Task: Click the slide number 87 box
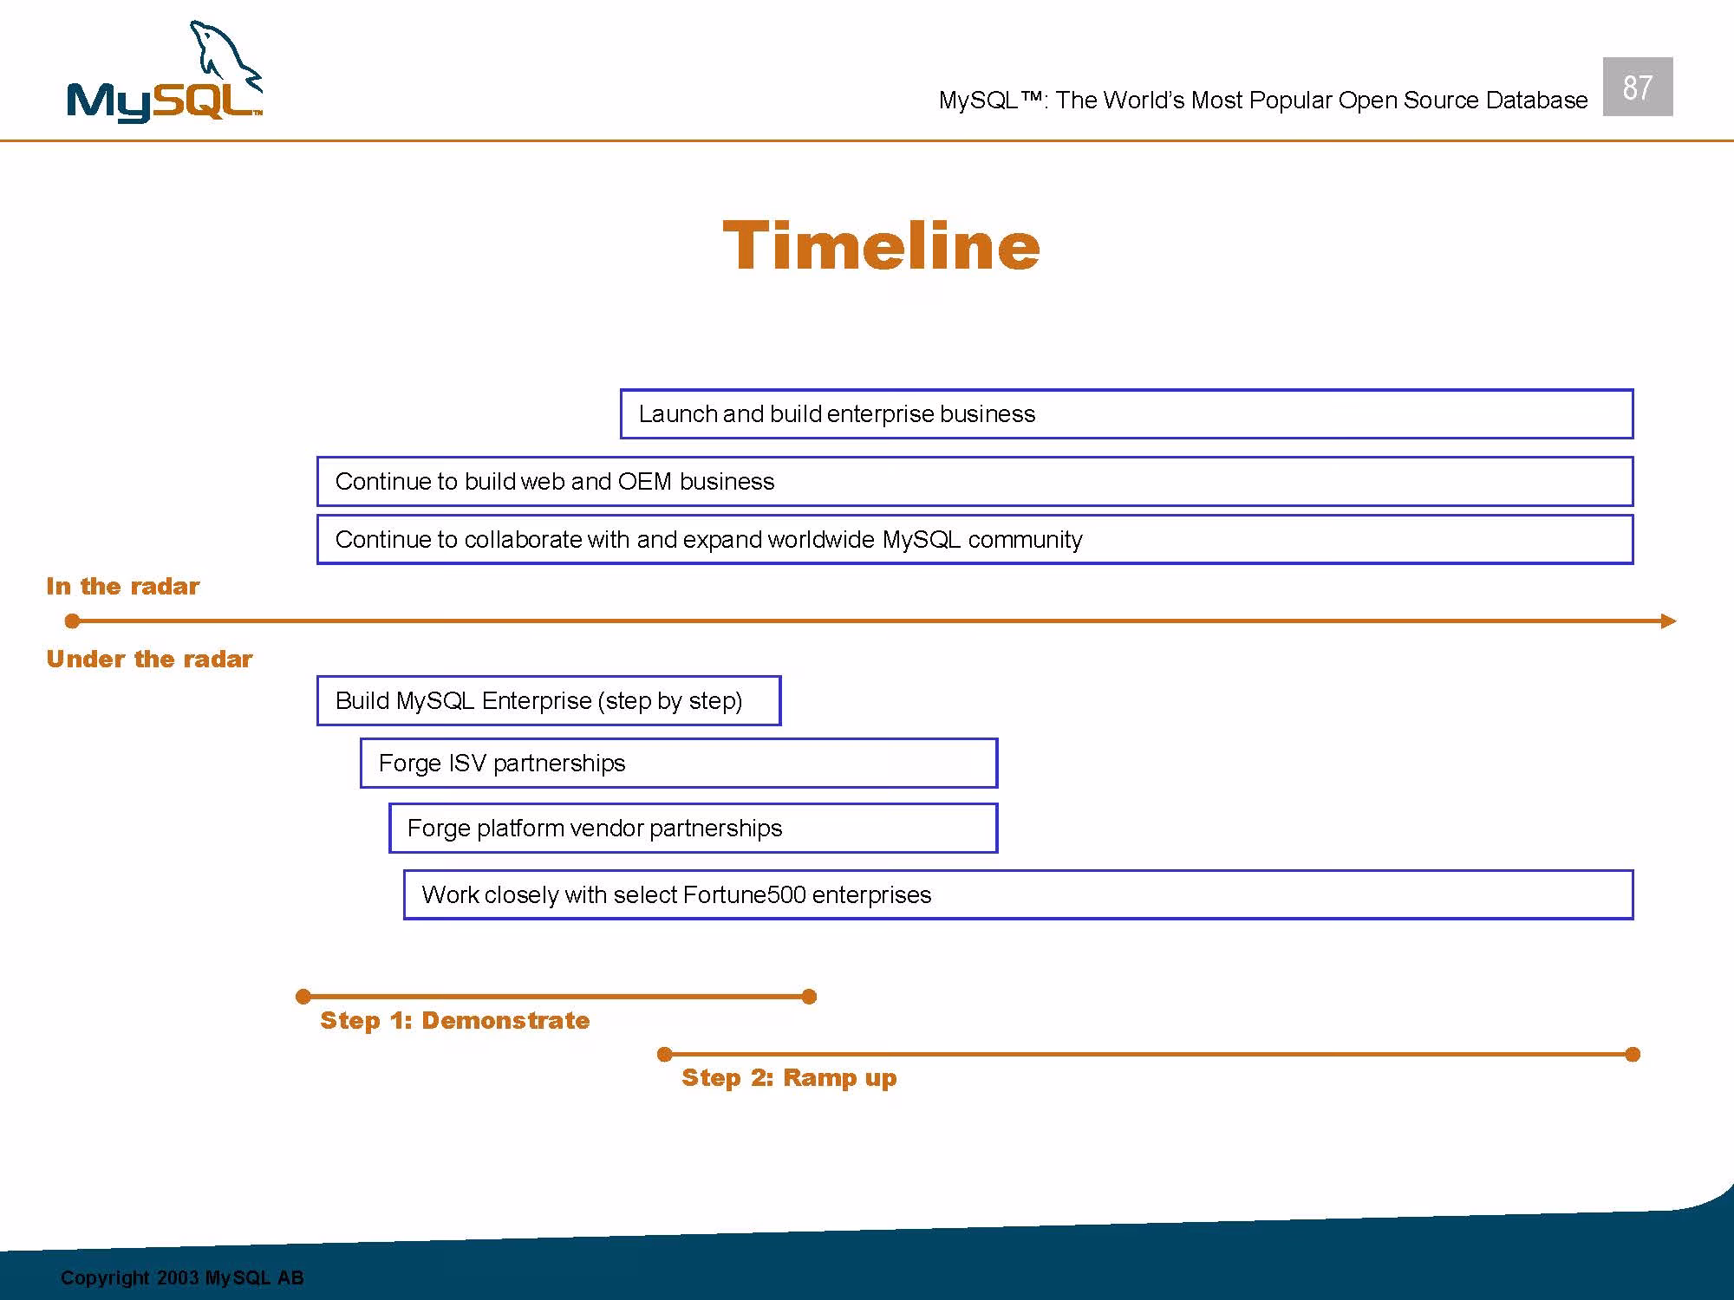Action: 1637,87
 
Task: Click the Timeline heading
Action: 881,245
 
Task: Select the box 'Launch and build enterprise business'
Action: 1126,414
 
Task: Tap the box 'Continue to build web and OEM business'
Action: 975,481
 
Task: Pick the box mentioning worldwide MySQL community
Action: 975,539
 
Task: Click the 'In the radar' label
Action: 122,587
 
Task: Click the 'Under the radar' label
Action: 149,660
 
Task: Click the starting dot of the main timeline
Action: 73,621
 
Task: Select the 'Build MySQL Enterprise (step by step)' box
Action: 549,700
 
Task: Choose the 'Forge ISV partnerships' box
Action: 679,763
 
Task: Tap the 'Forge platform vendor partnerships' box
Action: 694,828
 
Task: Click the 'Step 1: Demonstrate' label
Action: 454,1021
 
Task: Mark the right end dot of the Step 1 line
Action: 809,997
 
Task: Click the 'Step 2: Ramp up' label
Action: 789,1078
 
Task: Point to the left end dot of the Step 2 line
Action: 664,1054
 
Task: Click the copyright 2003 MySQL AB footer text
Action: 182,1277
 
